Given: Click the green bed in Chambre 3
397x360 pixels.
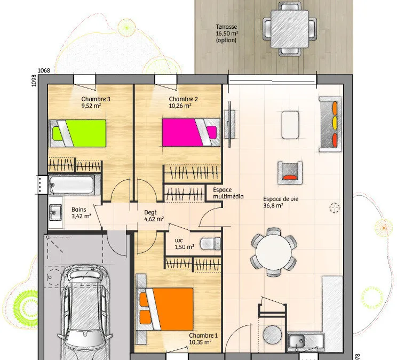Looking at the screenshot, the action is [77, 133].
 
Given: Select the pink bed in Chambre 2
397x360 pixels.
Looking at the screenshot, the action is [191, 132].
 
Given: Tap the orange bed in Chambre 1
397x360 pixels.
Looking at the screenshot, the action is [164, 309].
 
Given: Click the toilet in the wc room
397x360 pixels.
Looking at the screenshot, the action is [210, 244].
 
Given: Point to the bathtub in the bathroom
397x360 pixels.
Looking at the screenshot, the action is [72, 185].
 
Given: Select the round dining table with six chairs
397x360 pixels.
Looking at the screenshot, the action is [274, 252].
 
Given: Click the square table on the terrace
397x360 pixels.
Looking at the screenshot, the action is [290, 29].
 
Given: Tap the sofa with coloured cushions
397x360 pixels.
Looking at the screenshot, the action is [330, 124].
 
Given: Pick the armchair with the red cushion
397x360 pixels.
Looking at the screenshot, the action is [290, 173].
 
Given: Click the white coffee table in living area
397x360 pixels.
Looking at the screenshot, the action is [290, 125].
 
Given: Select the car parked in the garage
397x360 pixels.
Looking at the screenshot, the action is [85, 313].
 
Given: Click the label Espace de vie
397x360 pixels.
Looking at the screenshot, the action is [281, 199].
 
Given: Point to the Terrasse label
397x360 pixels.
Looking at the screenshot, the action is [226, 27].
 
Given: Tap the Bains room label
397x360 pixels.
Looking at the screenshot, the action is [79, 210].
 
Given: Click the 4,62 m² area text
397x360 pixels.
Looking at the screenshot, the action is [154, 219].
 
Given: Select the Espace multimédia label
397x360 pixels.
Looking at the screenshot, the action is [228, 193].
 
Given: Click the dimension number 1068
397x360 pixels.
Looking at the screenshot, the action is [44, 70].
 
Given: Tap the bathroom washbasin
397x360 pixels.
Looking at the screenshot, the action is [55, 212].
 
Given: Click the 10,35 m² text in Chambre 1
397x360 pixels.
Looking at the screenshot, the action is [200, 342].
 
